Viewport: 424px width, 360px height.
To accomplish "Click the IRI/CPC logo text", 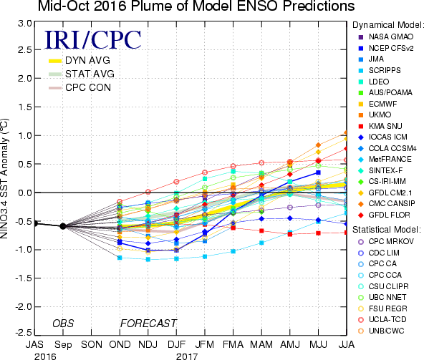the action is [93, 40].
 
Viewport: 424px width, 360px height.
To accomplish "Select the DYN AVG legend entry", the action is [79, 60].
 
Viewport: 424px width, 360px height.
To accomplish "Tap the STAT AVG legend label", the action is [90, 74].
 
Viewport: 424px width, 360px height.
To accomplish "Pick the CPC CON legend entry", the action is [79, 87].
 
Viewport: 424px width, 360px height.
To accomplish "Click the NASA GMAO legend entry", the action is [386, 37].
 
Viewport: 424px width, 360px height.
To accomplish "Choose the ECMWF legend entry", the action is [377, 104].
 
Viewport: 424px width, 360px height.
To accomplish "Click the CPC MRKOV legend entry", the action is [386, 241].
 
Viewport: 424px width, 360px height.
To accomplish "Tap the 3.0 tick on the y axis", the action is [25, 24].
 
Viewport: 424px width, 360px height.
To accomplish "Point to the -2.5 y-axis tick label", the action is [23, 332].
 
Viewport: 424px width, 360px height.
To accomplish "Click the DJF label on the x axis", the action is [177, 344].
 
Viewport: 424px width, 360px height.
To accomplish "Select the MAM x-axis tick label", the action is [261, 344].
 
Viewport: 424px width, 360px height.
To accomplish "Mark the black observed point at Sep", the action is [63, 226].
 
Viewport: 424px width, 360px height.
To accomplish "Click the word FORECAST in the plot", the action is [148, 323].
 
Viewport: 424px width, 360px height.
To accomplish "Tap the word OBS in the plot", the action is [63, 323].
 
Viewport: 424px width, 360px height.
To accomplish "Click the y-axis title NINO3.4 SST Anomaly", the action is [4, 178].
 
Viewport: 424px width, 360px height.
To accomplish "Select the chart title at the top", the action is [196, 6].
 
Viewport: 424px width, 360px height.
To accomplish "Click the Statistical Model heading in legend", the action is [387, 230].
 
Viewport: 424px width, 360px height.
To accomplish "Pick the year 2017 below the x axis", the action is [187, 356].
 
